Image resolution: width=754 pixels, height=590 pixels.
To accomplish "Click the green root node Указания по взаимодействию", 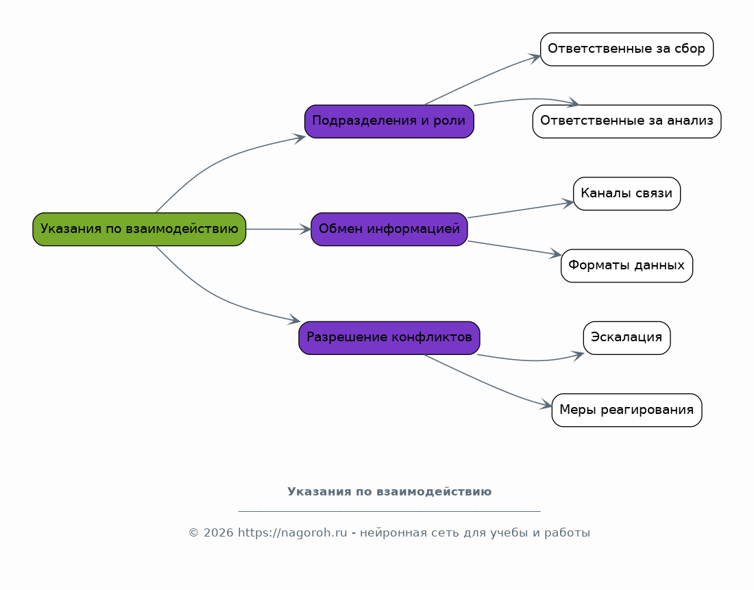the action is (139, 230).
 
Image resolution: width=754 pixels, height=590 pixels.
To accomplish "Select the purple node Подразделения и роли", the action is (389, 121).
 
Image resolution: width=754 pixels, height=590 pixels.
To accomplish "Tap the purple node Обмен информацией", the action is (389, 230).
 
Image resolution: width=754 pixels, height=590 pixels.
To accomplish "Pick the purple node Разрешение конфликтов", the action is (389, 338).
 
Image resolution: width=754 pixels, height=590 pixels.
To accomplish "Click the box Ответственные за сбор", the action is (627, 49).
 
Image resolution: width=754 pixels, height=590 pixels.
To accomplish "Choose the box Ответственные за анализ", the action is (627, 121).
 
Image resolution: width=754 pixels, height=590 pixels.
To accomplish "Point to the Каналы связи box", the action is (627, 193).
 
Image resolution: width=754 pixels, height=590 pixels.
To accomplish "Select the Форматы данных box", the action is (627, 265).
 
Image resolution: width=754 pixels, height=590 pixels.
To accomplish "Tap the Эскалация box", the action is (627, 338).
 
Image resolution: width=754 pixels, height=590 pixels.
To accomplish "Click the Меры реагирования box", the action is (627, 410).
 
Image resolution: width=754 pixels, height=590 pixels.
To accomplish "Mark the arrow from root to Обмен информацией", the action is (279, 230).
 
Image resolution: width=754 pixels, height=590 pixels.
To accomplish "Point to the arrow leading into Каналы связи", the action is (520, 210).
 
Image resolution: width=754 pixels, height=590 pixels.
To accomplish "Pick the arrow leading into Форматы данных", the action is (515, 248).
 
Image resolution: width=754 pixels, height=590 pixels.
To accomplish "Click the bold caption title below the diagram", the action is (389, 491).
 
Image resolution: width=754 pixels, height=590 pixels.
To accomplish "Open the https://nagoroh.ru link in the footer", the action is (293, 532).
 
